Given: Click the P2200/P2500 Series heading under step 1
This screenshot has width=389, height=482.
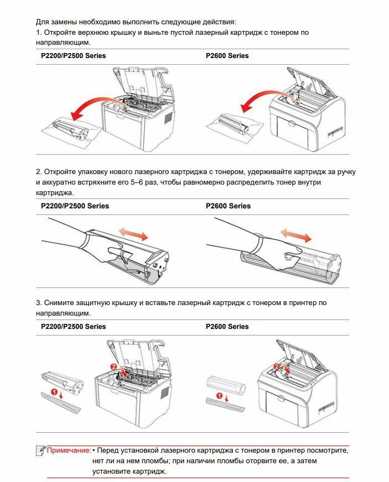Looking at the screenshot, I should point(73,56).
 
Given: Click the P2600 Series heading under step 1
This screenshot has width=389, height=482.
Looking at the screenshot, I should point(227,56).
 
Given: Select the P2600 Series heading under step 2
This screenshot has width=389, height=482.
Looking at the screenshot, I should point(228,206).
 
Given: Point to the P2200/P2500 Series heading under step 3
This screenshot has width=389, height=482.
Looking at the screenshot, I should point(73,327).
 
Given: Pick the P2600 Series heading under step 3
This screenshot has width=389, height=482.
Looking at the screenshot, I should point(227,327).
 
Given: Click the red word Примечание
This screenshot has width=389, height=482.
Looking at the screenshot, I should point(69,450).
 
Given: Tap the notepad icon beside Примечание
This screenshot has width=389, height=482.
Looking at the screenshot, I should point(40,450).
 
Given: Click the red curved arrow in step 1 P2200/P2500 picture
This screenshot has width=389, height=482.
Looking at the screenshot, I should point(100,106).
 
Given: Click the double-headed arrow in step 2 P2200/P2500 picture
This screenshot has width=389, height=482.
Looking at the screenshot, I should point(135,232).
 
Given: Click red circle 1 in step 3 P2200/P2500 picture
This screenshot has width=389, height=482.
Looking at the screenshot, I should point(54,392).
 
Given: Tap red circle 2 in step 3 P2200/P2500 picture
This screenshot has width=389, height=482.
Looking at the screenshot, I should point(114,366).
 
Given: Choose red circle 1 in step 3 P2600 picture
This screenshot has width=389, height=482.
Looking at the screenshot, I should point(219,396).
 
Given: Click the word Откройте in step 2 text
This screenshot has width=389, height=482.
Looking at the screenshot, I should point(61,172).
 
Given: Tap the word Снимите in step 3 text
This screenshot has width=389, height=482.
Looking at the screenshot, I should point(60,303).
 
